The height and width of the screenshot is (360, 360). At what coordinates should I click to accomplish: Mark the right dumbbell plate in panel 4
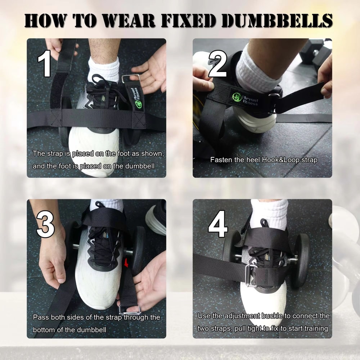(301, 259)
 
